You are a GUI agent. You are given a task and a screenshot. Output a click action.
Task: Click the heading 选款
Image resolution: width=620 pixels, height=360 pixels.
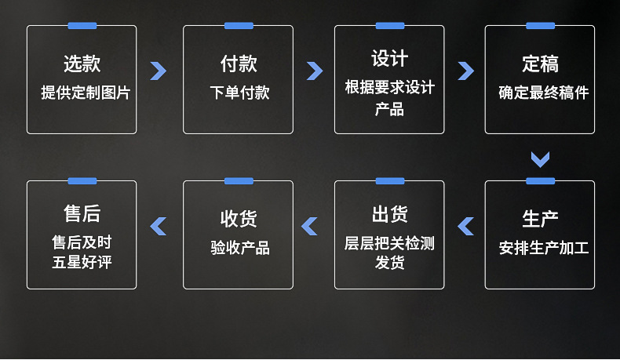tap(82, 64)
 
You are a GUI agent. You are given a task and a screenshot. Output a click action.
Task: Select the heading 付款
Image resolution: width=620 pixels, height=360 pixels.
tap(238, 64)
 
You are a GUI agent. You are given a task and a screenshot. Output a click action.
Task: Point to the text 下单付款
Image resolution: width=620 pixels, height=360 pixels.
tap(239, 93)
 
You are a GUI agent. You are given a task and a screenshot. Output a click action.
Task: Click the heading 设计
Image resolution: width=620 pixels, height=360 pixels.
tap(389, 59)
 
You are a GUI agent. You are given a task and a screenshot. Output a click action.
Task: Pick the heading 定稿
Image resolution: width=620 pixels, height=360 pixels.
tap(540, 64)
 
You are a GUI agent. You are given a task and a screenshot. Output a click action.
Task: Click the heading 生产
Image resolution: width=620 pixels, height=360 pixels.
tap(540, 219)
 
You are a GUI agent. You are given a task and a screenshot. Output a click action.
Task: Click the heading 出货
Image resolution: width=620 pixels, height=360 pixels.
tap(389, 214)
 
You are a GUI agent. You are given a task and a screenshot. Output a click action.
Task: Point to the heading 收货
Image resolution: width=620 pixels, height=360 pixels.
tap(238, 219)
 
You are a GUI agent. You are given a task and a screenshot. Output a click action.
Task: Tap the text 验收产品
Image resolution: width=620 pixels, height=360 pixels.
tap(239, 249)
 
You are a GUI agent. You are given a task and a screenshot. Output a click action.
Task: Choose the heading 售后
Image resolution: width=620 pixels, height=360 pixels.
tap(82, 213)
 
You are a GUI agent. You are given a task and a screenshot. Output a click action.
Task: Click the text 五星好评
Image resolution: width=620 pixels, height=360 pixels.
tap(82, 262)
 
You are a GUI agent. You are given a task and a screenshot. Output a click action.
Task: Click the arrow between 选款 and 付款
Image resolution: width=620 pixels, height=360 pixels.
tap(159, 71)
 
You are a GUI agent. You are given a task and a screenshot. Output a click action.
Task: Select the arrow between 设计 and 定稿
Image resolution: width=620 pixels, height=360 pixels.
tap(465, 71)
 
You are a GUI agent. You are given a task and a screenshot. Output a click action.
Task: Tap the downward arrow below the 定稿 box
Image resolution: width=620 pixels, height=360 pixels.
tap(540, 159)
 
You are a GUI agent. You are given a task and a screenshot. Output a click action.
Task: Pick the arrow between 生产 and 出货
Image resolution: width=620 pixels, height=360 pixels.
tap(465, 226)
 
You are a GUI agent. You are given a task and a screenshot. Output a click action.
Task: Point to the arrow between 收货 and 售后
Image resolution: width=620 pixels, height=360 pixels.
tap(159, 226)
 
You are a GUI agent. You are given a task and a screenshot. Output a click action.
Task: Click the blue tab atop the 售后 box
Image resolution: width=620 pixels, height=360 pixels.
tap(82, 181)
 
